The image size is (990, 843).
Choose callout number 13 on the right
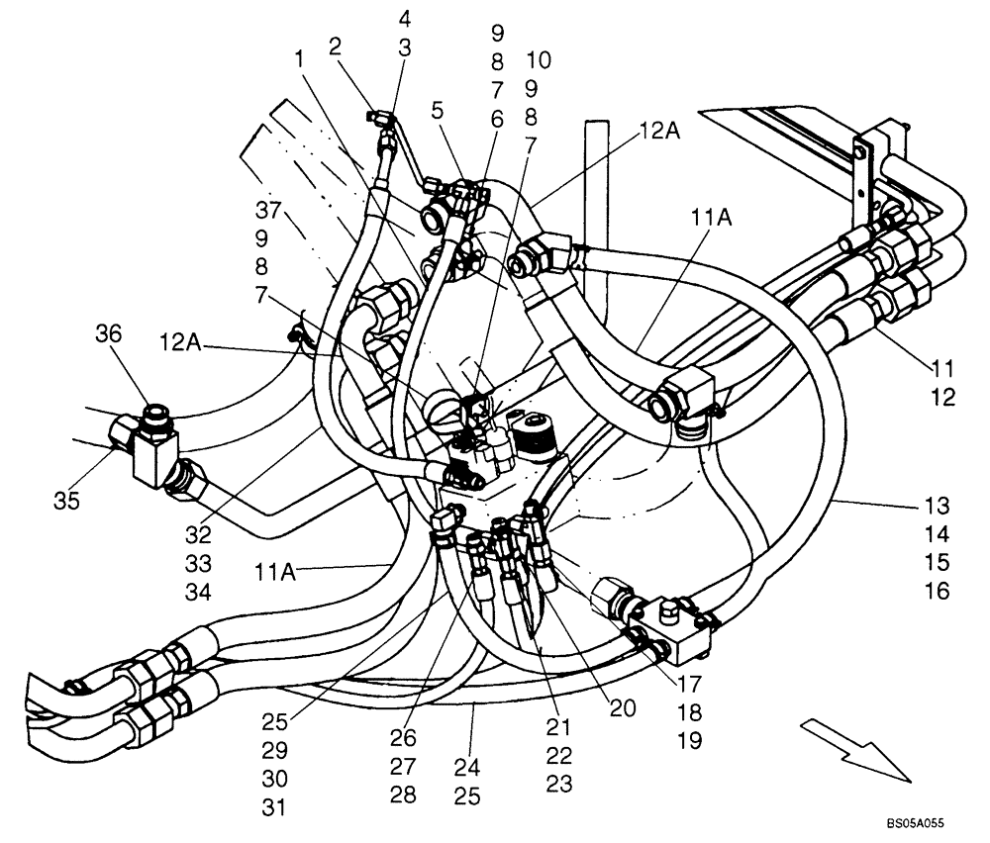pyautogui.click(x=936, y=506)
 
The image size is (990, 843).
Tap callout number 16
pyautogui.click(x=936, y=592)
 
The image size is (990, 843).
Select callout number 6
pyautogui.click(x=496, y=119)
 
